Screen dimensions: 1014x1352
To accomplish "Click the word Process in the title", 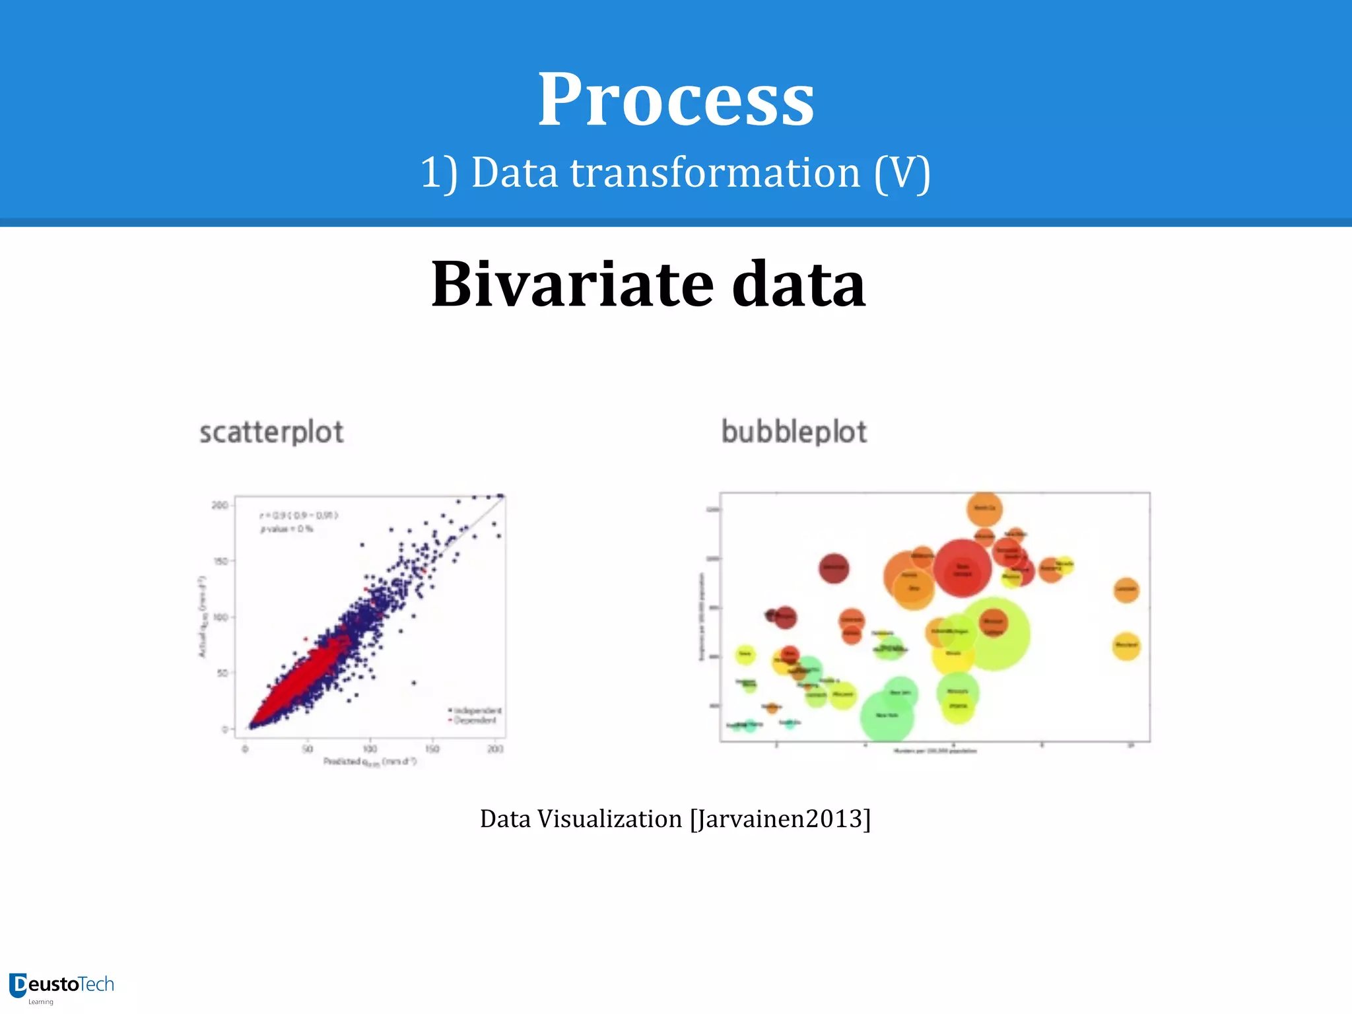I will point(675,100).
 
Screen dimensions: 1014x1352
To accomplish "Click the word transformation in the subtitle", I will point(715,173).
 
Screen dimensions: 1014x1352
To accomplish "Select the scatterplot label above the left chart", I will point(271,432).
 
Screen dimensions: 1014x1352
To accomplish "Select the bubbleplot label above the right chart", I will point(794,432).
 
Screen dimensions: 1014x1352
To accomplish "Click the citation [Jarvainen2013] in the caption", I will point(780,819).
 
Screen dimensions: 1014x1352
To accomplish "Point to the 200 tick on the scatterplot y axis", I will point(219,506).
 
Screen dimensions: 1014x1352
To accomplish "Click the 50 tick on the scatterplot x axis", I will point(307,749).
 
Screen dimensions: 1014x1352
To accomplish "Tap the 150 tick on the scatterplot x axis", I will point(432,749).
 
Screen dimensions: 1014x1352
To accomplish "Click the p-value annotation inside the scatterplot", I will point(287,529).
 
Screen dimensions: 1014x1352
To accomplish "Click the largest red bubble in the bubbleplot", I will point(962,567).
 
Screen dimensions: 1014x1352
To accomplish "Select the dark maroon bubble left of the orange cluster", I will point(833,567).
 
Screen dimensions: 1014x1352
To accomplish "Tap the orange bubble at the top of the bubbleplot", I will point(984,508).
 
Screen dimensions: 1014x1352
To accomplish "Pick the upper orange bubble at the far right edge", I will point(1126,589).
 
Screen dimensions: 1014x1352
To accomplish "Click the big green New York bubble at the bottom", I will point(887,716).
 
